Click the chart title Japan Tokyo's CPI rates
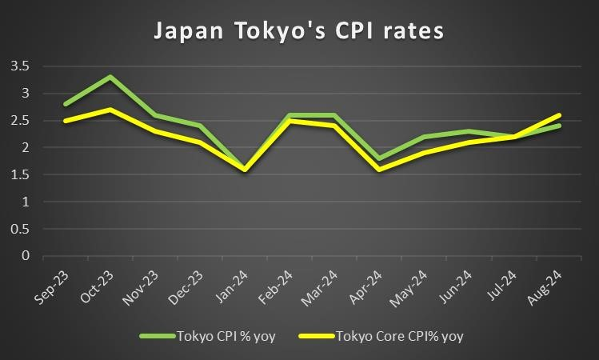coord(299,31)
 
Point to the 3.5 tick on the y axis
coord(19,66)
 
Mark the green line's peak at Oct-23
coord(110,77)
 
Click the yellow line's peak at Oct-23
coord(110,110)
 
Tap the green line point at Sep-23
coord(66,104)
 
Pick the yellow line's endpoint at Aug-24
coord(559,115)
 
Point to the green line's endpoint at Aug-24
coord(559,126)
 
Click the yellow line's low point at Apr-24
coord(380,170)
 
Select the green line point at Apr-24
coord(380,158)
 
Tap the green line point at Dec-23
coord(200,126)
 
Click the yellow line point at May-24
coord(425,153)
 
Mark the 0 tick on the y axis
coord(26,257)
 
